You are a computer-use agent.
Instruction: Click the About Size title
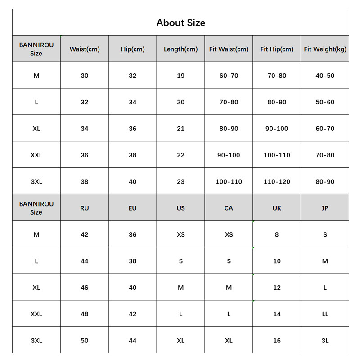click(x=180, y=22)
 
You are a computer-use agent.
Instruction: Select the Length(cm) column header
click(x=180, y=49)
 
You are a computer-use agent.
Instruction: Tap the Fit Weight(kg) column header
click(x=325, y=49)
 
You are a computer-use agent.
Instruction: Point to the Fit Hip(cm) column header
click(x=277, y=49)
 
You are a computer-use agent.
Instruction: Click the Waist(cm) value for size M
click(x=85, y=76)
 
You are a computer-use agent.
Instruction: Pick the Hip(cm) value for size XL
click(x=132, y=129)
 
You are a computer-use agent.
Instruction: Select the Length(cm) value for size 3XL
click(x=180, y=182)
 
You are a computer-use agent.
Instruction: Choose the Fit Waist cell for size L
click(x=229, y=102)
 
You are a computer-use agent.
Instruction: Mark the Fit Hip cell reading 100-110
click(x=277, y=155)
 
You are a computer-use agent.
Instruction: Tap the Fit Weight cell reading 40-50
click(x=325, y=76)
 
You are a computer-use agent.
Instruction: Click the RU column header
click(x=85, y=208)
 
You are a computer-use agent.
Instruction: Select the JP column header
click(x=325, y=208)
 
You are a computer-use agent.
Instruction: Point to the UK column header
click(x=277, y=208)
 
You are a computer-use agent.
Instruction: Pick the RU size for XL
click(x=85, y=288)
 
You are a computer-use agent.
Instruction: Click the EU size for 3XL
click(x=132, y=341)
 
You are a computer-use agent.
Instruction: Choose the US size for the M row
click(x=180, y=234)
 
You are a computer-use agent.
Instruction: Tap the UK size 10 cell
click(x=277, y=261)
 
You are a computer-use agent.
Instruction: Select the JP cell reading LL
click(x=325, y=314)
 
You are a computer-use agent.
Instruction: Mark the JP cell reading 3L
click(x=325, y=341)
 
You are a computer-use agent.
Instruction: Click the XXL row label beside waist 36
click(x=36, y=155)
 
